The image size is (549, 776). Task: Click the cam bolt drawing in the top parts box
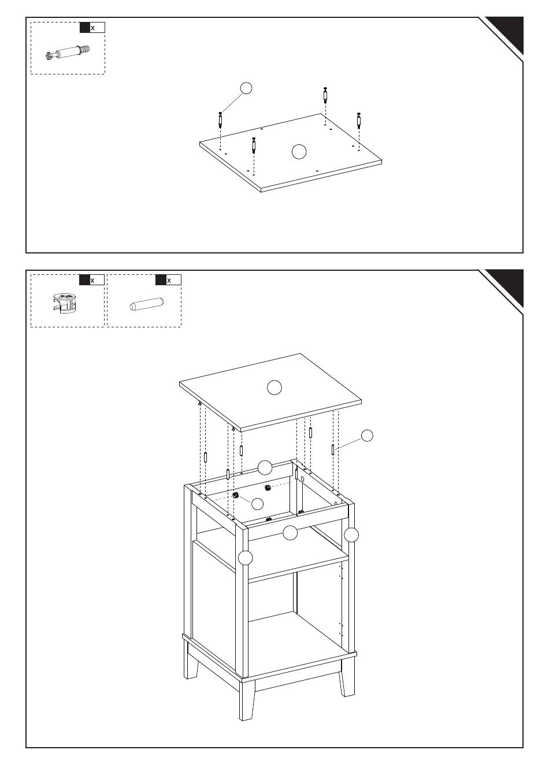(68, 53)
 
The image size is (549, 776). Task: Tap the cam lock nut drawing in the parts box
(65, 303)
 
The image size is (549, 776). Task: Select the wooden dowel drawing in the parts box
(146, 304)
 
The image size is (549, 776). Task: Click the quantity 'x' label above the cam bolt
(92, 28)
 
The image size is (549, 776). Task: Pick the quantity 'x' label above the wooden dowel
(169, 280)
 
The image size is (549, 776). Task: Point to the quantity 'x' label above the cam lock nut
(92, 280)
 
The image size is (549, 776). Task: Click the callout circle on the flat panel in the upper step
(299, 151)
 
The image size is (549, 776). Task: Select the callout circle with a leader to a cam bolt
(246, 88)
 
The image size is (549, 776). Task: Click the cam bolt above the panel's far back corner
(325, 95)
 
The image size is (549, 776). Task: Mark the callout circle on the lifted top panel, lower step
(274, 387)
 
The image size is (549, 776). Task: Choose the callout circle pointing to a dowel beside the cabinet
(367, 435)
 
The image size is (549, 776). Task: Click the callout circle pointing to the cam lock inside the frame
(257, 504)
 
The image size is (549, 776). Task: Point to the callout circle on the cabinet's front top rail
(290, 533)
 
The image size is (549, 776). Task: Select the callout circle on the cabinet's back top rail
(265, 468)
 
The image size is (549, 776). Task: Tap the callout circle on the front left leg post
(245, 558)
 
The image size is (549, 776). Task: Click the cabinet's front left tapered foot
(247, 699)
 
